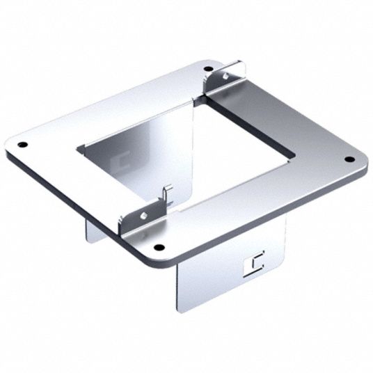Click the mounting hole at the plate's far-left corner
[22, 145]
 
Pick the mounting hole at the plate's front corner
[160, 248]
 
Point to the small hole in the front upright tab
[143, 216]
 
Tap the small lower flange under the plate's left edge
[95, 230]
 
